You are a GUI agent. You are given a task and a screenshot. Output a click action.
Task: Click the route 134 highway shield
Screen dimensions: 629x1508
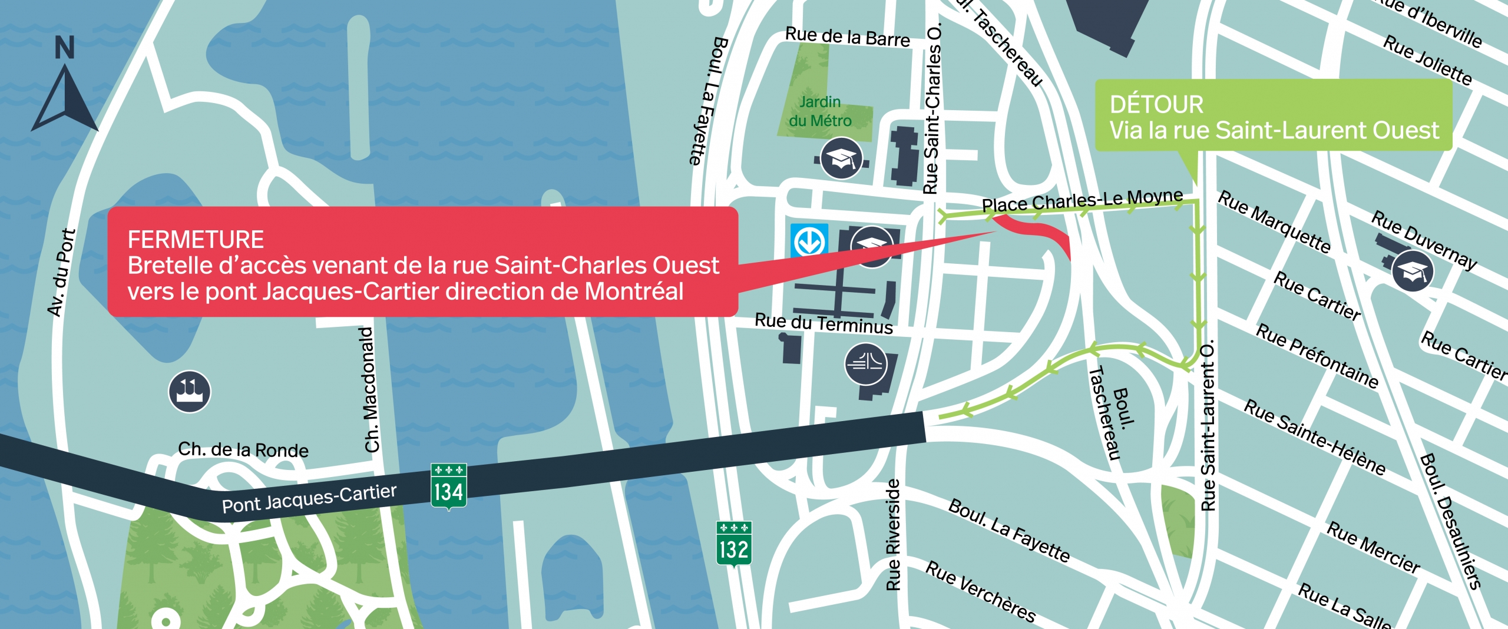449,486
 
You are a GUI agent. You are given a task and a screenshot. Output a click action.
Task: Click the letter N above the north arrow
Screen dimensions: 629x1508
65,48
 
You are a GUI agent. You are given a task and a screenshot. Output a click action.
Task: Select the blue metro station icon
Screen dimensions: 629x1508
809,240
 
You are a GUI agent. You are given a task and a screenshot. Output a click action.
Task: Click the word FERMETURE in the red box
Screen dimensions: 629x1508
196,240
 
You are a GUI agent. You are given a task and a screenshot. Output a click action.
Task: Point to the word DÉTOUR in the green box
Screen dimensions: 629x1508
1156,105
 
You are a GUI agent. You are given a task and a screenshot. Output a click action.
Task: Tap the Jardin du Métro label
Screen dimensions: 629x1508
820,111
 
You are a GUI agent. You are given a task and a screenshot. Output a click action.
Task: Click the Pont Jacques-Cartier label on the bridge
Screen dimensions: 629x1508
309,498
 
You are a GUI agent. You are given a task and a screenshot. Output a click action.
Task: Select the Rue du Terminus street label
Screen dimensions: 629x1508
824,323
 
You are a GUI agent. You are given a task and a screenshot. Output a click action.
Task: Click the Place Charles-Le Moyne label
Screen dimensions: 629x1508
1082,201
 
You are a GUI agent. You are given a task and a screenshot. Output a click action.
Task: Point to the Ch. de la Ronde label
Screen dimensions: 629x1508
243,449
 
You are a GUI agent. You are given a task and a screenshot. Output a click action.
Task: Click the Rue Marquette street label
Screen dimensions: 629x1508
1274,221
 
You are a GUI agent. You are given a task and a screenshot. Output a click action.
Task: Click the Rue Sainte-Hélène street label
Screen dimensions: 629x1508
1314,437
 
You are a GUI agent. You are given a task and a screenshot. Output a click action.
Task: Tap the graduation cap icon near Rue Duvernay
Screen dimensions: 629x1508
1413,271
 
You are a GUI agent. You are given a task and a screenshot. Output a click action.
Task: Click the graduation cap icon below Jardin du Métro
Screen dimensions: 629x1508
842,158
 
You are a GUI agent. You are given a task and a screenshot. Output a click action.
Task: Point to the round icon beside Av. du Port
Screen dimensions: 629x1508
190,392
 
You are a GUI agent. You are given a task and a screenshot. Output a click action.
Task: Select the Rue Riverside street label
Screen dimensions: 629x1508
894,535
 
